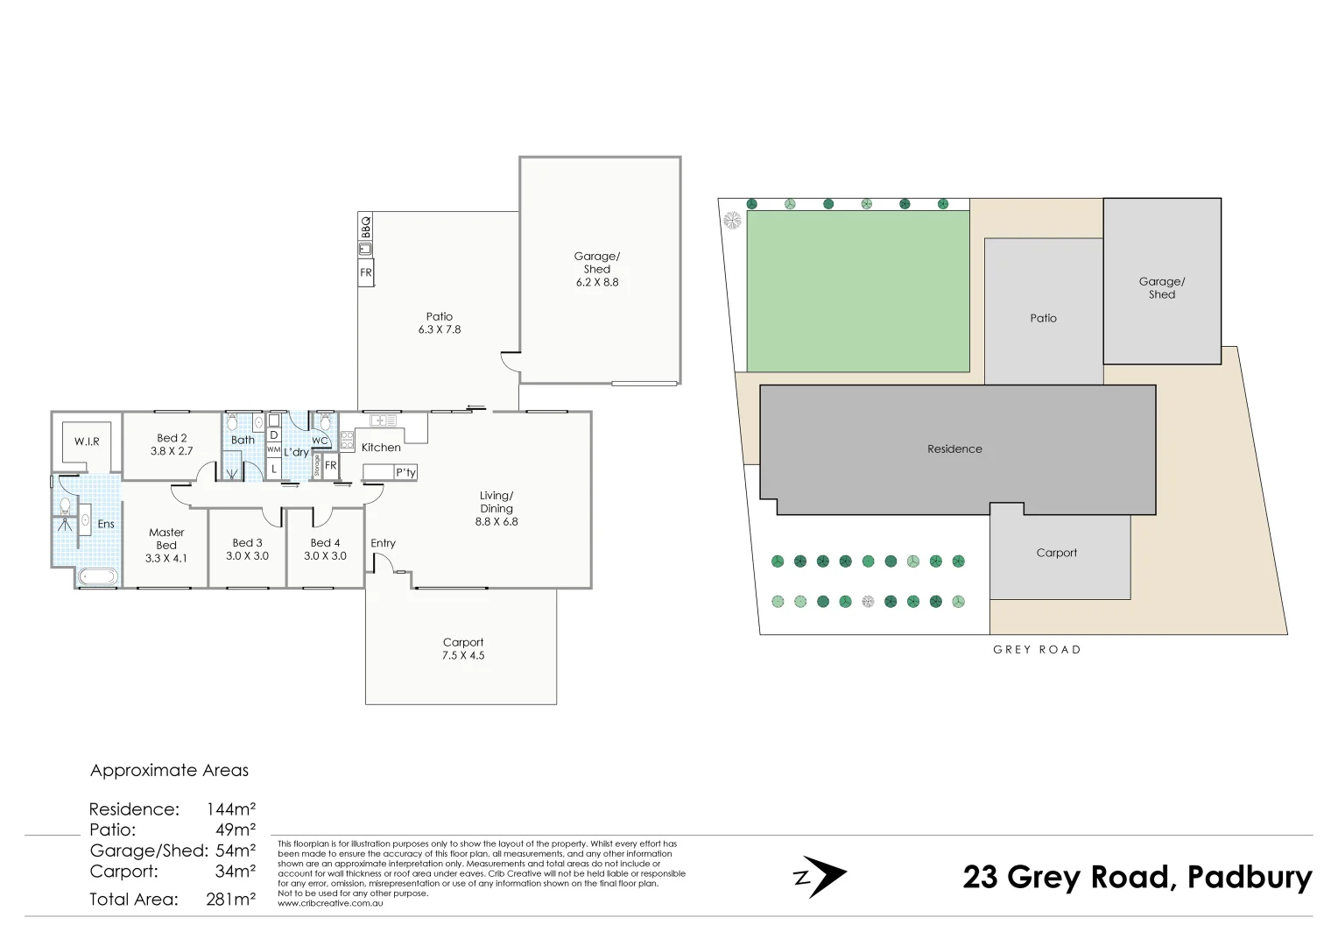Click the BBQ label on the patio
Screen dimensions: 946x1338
click(366, 227)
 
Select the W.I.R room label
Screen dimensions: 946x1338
click(87, 441)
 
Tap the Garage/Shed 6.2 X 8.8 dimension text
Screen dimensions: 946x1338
click(597, 282)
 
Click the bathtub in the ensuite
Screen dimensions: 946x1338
click(97, 576)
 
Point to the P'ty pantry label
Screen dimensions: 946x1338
click(405, 473)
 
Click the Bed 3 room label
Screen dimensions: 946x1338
click(248, 543)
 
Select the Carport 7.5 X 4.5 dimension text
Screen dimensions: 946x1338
click(463, 655)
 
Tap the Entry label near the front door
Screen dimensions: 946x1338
click(383, 543)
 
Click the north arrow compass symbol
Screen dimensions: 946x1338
click(820, 877)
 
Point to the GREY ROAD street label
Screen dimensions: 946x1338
click(1037, 650)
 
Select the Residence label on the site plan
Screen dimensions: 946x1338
click(954, 448)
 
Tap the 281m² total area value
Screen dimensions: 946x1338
click(231, 899)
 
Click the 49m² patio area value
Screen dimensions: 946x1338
click(236, 830)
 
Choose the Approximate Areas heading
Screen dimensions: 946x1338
click(169, 771)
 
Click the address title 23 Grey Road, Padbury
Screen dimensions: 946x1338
click(1137, 877)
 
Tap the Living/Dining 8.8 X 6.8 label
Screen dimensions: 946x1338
click(496, 509)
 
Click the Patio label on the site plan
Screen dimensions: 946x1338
click(1043, 318)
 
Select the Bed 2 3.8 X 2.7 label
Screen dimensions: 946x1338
click(172, 444)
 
